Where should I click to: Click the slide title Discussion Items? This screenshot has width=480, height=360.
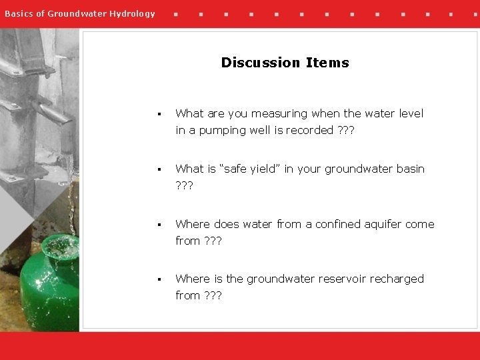click(285, 63)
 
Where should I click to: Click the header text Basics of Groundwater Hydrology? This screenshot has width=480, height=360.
click(79, 13)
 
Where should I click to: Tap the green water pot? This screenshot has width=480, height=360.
click(49, 287)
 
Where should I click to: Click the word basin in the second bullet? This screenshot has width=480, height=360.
click(409, 169)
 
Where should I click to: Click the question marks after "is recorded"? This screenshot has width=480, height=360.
click(345, 130)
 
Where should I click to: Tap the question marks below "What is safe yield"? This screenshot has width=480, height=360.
click(184, 185)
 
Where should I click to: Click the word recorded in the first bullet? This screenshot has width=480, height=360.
click(309, 130)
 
